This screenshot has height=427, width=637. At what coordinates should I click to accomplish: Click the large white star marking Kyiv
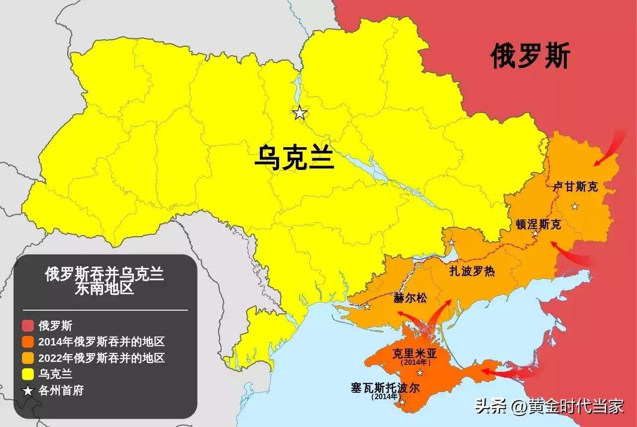(x=299, y=113)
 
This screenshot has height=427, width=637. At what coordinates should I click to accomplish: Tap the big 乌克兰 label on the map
(x=294, y=158)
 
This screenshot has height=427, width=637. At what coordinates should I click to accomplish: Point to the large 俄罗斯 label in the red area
(x=530, y=56)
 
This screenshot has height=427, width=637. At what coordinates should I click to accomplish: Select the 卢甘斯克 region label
(x=575, y=187)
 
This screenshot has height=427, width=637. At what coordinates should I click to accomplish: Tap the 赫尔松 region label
(x=410, y=298)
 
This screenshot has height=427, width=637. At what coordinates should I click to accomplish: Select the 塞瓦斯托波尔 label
(x=385, y=388)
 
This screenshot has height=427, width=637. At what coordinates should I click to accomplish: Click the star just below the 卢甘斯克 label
(x=575, y=206)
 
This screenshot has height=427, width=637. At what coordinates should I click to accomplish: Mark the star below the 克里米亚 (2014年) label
(x=420, y=373)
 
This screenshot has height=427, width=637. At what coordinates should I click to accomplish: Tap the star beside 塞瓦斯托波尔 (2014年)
(x=402, y=402)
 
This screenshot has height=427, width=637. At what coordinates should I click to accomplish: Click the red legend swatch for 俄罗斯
(x=28, y=326)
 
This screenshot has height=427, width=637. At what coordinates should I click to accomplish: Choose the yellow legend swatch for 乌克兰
(x=28, y=374)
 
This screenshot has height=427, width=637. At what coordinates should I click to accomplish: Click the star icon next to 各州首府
(x=28, y=391)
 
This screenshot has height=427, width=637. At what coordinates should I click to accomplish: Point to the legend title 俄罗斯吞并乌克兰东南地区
(x=105, y=281)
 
